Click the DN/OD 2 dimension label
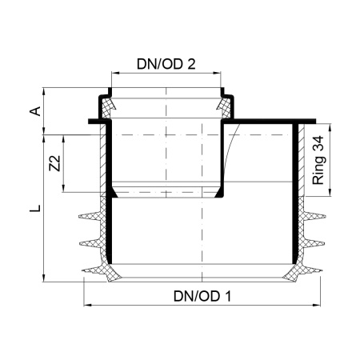point(166,64)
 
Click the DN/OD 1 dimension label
point(202,296)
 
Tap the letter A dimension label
point(35,111)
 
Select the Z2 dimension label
point(55,163)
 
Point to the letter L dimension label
point(35,208)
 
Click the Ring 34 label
point(318,160)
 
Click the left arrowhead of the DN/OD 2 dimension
point(115,73)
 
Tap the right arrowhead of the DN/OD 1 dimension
point(317,305)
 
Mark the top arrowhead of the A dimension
point(44,91)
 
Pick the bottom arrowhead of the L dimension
point(44,278)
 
